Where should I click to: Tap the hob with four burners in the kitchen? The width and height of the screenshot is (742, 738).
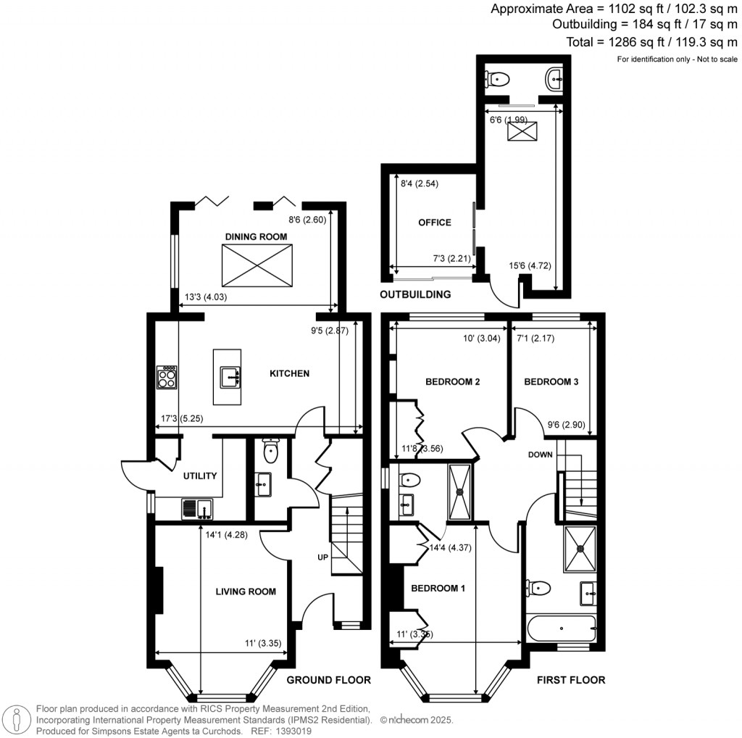tap(167, 377)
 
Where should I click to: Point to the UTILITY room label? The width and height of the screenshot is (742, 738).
tap(200, 476)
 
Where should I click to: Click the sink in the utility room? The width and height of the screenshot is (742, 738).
tap(196, 509)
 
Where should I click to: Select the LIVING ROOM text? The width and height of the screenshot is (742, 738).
tap(246, 592)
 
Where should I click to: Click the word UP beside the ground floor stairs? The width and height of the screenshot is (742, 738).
tap(322, 557)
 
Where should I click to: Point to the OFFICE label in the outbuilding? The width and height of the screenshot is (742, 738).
tap(434, 223)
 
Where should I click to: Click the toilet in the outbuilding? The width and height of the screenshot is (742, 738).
tap(498, 78)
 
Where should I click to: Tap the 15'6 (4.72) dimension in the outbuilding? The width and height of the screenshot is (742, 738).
tap(530, 266)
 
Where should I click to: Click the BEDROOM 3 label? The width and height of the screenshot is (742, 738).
tap(551, 381)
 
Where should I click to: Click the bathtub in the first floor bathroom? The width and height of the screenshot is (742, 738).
tap(561, 628)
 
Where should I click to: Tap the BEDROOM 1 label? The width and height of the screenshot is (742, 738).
tap(438, 588)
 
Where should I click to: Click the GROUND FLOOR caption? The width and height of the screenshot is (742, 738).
tap(328, 680)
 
